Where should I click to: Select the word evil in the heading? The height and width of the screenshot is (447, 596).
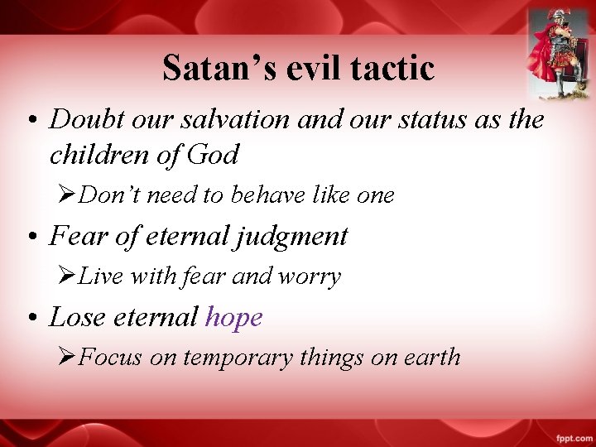coord(313,68)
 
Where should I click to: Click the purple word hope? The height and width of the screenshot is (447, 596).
coord(233,317)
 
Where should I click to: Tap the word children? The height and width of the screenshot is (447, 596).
coord(97,154)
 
